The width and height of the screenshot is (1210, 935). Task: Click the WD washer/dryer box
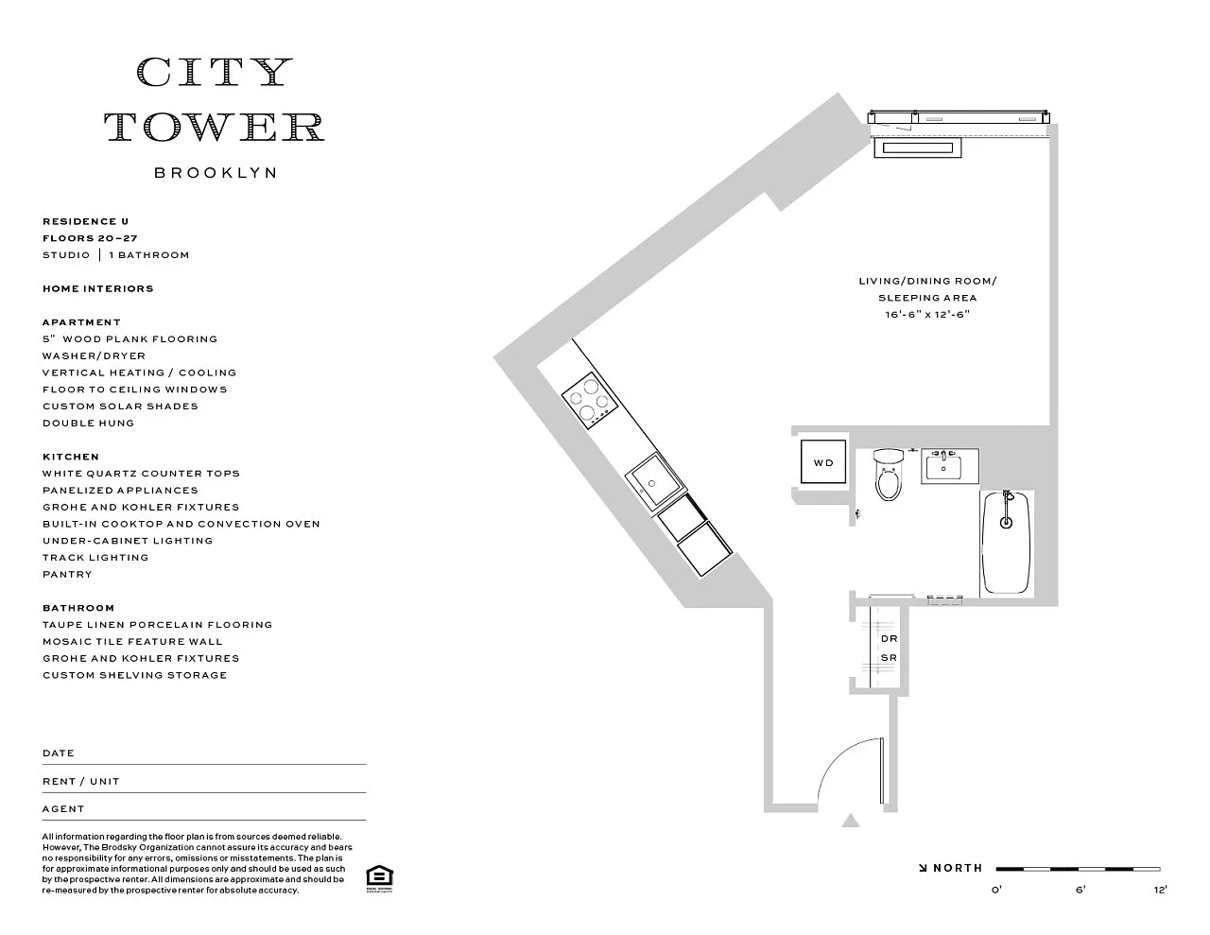click(823, 461)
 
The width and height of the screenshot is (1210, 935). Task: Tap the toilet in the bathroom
click(888, 475)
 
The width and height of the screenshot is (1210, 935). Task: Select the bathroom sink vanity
click(950, 465)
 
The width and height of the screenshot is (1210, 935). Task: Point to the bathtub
click(1006, 543)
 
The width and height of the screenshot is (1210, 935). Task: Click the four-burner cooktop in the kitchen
click(590, 401)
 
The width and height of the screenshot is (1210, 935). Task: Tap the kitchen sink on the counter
click(655, 481)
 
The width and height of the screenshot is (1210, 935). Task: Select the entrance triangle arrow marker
click(850, 821)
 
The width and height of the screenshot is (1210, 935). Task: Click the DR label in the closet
click(889, 639)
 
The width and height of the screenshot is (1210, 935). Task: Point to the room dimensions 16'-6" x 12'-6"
click(927, 314)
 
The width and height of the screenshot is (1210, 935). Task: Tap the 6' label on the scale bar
click(1080, 890)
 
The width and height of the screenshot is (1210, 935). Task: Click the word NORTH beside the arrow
click(958, 868)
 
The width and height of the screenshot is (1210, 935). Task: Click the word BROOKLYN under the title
click(216, 173)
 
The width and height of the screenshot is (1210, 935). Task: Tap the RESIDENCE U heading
click(86, 221)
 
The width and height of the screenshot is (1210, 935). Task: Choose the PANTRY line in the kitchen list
click(67, 574)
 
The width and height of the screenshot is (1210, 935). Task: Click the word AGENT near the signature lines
click(63, 809)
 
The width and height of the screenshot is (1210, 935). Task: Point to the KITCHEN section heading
click(71, 457)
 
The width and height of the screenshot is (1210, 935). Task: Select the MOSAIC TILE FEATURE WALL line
click(132, 642)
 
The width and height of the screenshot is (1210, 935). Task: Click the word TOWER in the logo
click(215, 127)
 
